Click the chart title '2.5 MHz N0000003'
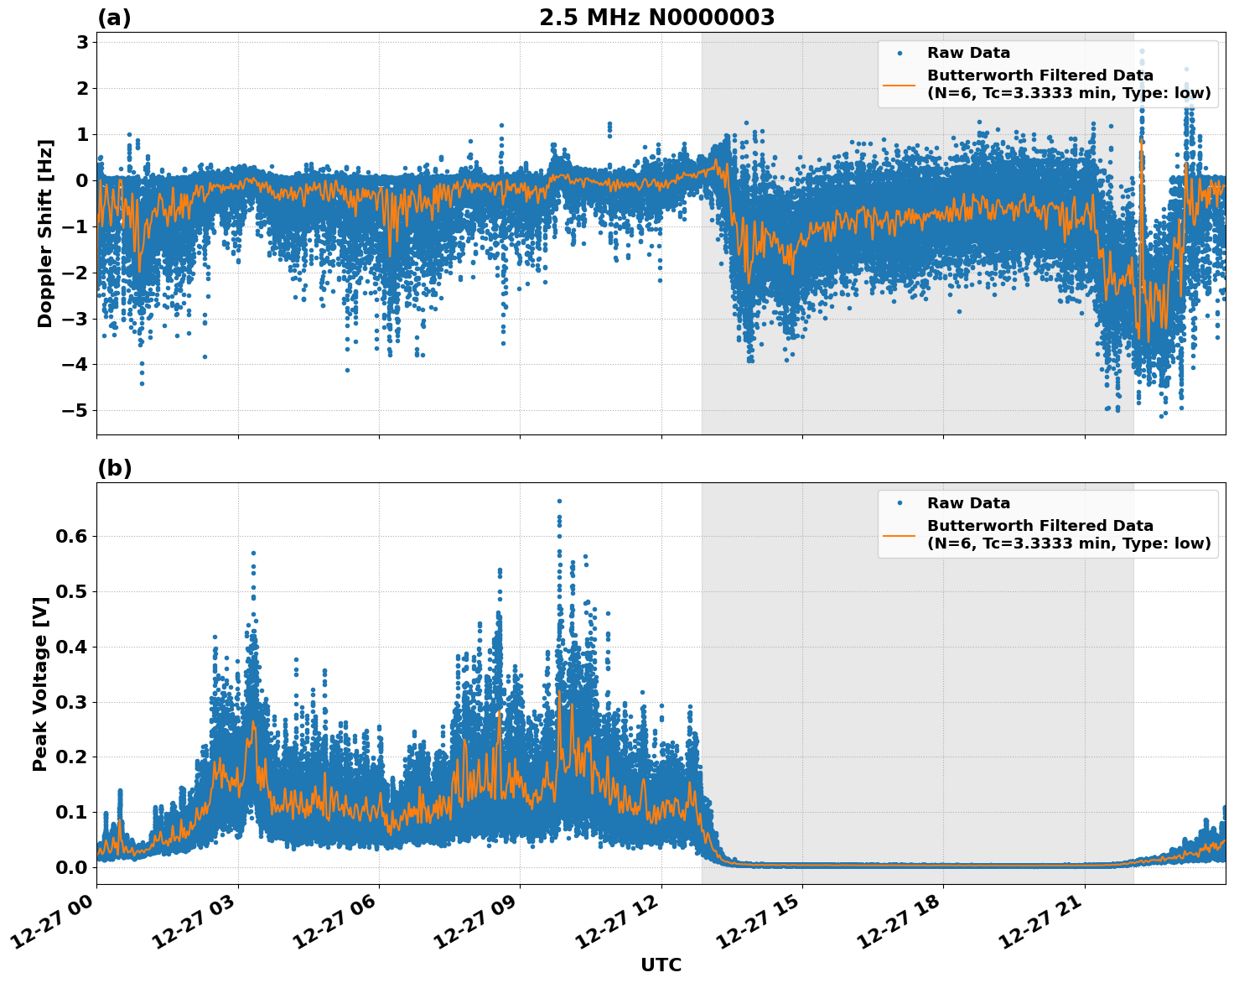[656, 18]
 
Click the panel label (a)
[114, 18]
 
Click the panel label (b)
[114, 468]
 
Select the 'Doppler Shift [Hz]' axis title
[45, 233]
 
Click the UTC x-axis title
[661, 965]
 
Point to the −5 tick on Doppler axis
[72, 411]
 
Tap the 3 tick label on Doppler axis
[82, 43]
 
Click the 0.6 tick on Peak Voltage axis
[71, 536]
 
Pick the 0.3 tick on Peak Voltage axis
[71, 702]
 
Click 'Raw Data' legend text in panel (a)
[968, 53]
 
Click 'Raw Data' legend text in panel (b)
[968, 503]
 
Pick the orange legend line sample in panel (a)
[899, 85]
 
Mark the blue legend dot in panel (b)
[899, 503]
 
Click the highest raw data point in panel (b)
[559, 502]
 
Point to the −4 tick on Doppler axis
[72, 365]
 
